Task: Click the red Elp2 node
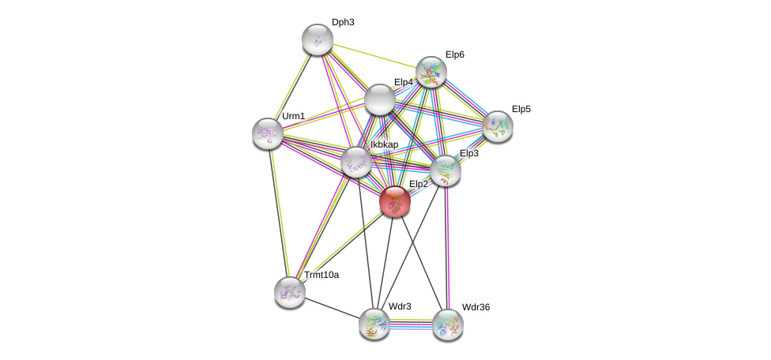pyautogui.click(x=394, y=201)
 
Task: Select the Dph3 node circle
pyautogui.click(x=318, y=39)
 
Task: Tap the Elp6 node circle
pyautogui.click(x=431, y=72)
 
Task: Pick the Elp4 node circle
pyautogui.click(x=379, y=99)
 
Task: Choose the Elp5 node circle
pyautogui.click(x=498, y=126)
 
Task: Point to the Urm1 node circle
pyautogui.click(x=268, y=133)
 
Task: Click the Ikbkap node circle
pyautogui.click(x=356, y=161)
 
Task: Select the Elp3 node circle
pyautogui.click(x=446, y=170)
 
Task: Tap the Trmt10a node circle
pyautogui.click(x=290, y=291)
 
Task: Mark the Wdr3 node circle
pyautogui.click(x=374, y=323)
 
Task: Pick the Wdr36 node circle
pyautogui.click(x=448, y=324)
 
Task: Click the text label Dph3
pyautogui.click(x=343, y=22)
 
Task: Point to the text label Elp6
pyautogui.click(x=455, y=54)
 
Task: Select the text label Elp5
pyautogui.click(x=521, y=109)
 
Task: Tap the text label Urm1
pyautogui.click(x=293, y=116)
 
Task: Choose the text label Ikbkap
pyautogui.click(x=385, y=144)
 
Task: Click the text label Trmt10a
pyautogui.click(x=322, y=275)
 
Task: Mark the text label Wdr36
pyautogui.click(x=476, y=307)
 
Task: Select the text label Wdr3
pyautogui.click(x=399, y=306)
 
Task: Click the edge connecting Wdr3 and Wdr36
pyautogui.click(x=411, y=323)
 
